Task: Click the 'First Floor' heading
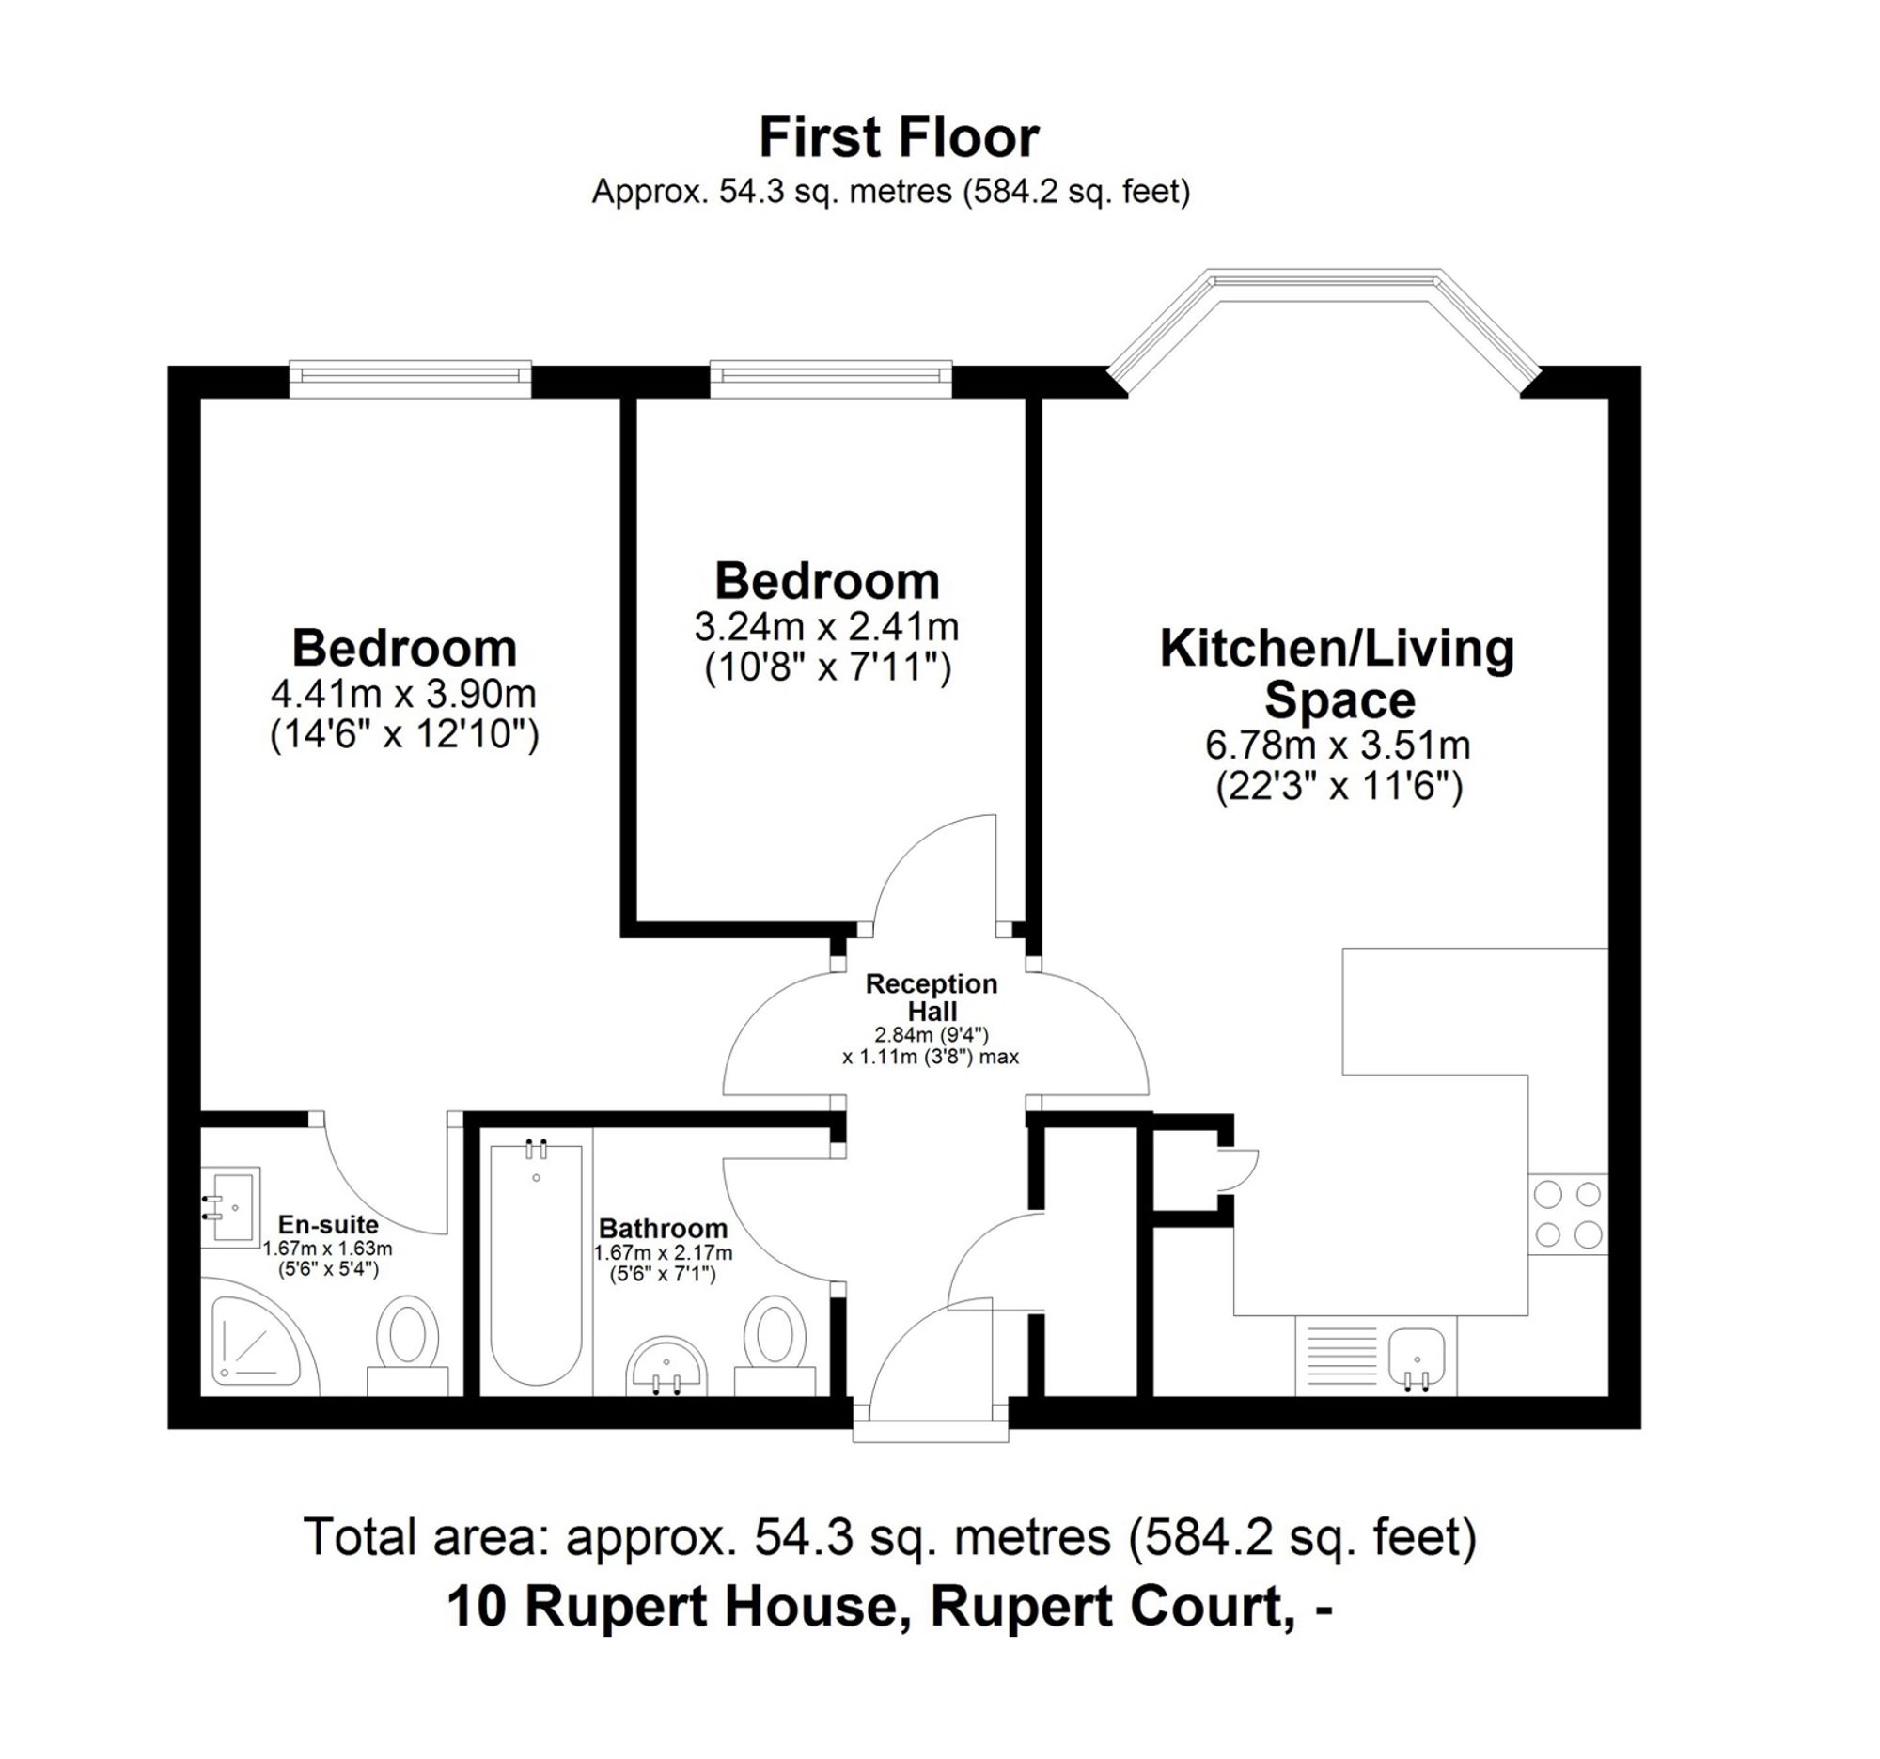tap(899, 138)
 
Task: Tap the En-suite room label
tap(327, 1225)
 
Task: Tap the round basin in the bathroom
tap(666, 1363)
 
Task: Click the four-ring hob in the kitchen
tap(1567, 1215)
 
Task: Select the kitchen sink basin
tap(1416, 1354)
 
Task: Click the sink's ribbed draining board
tap(1341, 1355)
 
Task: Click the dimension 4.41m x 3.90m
tap(404, 694)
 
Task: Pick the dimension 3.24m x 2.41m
tap(826, 627)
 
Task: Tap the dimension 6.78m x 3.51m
tap(1338, 746)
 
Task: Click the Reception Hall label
tap(932, 997)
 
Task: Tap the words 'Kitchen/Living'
tap(1338, 649)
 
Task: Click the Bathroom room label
tap(663, 1229)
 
